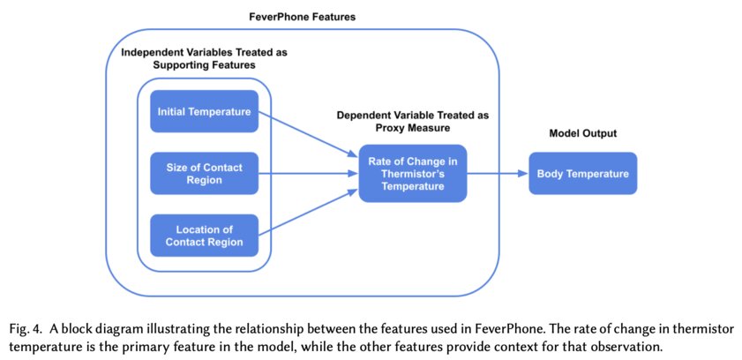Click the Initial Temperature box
tap(204, 112)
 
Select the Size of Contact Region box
tap(204, 174)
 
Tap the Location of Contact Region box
tap(204, 236)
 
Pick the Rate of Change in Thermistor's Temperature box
tap(412, 174)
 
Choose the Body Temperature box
tap(582, 174)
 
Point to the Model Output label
tap(582, 133)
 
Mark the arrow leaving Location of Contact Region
tap(309, 213)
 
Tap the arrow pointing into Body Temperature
tap(498, 174)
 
